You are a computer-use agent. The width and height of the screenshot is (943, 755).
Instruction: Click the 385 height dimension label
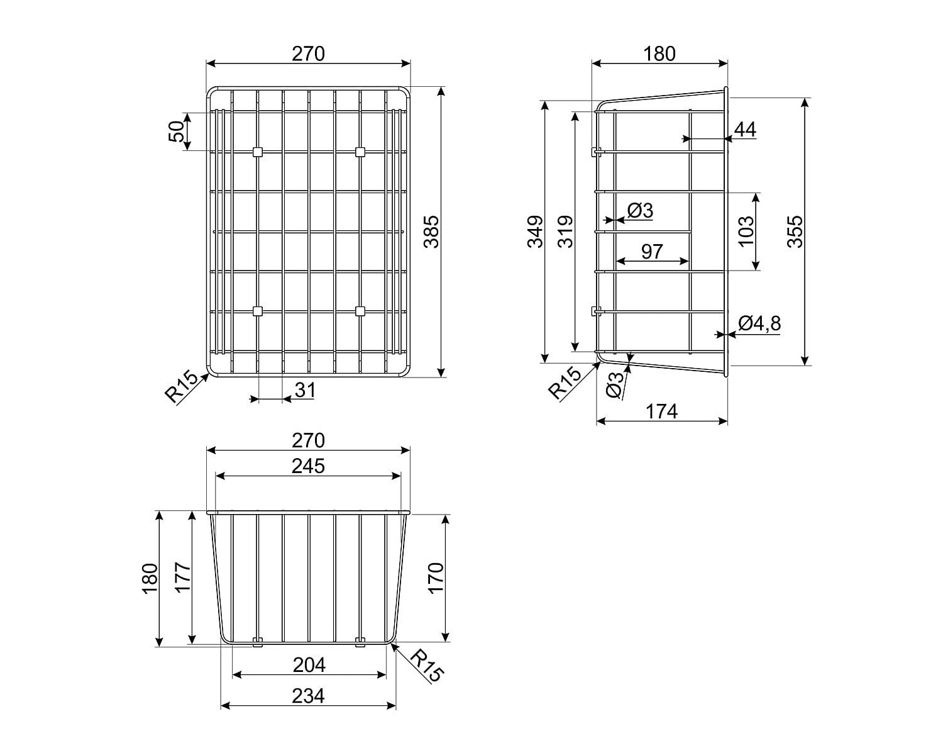[x=432, y=232]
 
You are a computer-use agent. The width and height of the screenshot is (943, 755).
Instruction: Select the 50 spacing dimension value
[x=176, y=131]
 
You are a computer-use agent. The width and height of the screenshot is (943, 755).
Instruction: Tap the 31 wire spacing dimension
[x=305, y=389]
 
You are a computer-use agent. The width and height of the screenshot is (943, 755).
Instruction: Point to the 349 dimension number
[x=535, y=232]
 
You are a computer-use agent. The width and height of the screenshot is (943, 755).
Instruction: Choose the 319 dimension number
[x=566, y=232]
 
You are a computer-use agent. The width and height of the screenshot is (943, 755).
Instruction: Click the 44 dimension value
[x=745, y=130]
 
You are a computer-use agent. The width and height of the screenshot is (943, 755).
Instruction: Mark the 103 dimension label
[x=746, y=232]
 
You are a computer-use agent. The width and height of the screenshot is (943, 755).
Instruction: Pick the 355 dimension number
[x=795, y=232]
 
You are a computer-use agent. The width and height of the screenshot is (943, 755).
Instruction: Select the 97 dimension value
[x=652, y=252]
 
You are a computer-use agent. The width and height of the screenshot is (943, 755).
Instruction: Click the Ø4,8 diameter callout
[x=759, y=323]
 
